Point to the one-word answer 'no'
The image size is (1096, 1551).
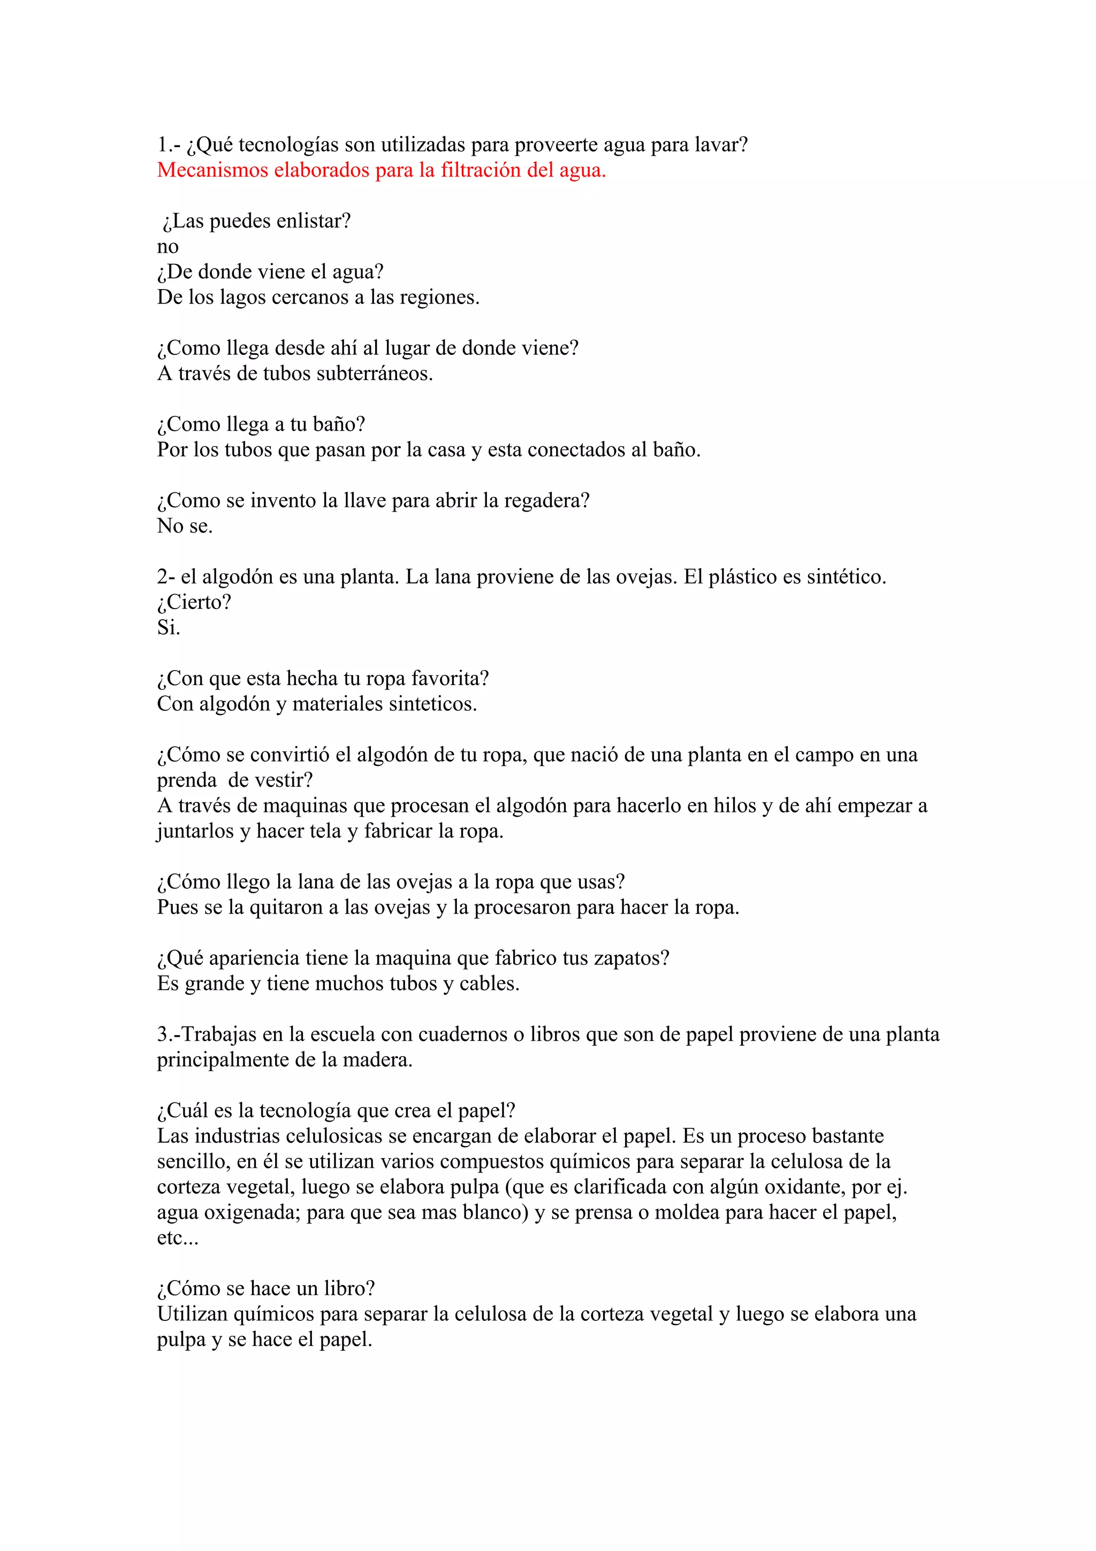(168, 247)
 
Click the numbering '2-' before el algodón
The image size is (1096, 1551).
(166, 577)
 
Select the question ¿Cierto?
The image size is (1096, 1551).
(194, 603)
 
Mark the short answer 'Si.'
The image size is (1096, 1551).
(168, 628)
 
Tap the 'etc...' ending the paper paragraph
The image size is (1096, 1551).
(178, 1238)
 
